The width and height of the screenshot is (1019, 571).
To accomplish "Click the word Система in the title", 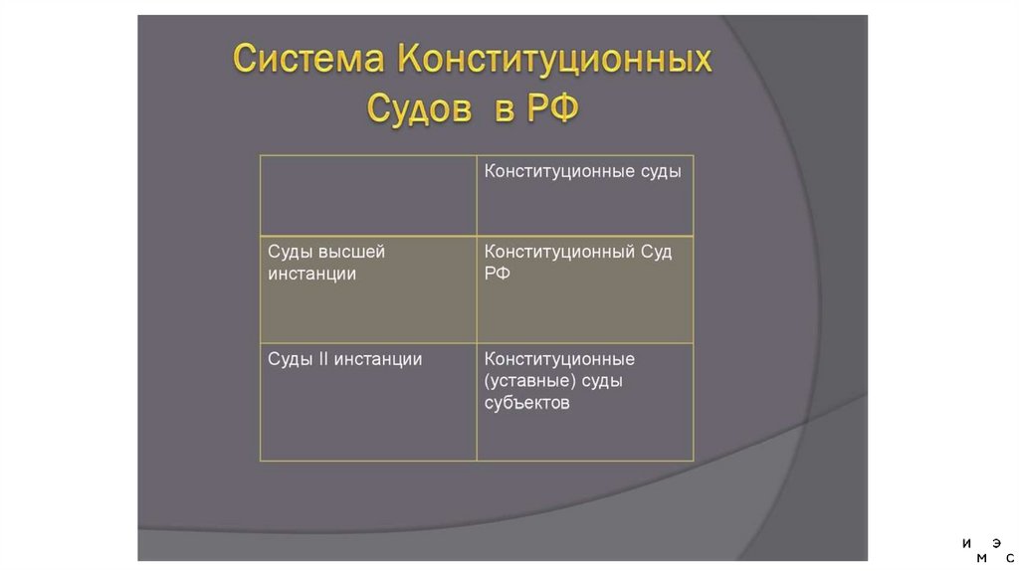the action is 309,60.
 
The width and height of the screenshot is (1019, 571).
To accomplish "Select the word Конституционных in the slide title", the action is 554,60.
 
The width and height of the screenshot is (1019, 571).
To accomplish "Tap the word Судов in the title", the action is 419,107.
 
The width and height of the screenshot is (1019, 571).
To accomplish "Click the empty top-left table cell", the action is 368,195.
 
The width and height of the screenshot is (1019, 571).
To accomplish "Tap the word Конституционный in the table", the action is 559,252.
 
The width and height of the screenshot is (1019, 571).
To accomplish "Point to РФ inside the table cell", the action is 498,274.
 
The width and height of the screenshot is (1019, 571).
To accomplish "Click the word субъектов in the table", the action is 526,403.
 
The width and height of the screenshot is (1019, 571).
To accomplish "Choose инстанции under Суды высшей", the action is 311,274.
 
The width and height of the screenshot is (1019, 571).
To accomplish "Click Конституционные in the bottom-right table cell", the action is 559,359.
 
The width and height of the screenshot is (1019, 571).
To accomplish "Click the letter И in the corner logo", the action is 966,543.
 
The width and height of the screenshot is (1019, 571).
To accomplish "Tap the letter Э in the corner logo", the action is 996,543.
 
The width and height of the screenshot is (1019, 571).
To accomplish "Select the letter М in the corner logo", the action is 981,558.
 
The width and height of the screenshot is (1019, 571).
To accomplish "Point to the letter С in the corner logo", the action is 1010,558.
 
